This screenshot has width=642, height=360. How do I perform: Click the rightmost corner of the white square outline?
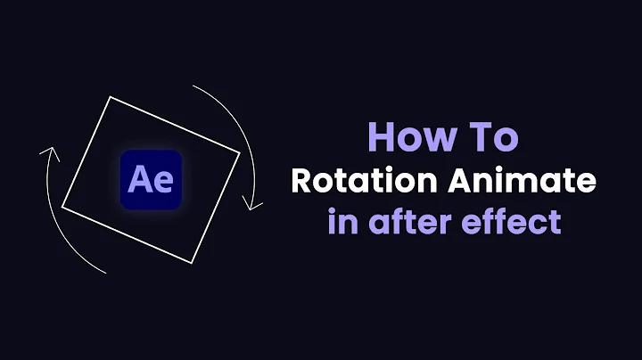[x=240, y=158]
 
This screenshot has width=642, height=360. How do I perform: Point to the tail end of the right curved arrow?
[x=193, y=86]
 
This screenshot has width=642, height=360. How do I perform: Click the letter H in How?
[x=381, y=140]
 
